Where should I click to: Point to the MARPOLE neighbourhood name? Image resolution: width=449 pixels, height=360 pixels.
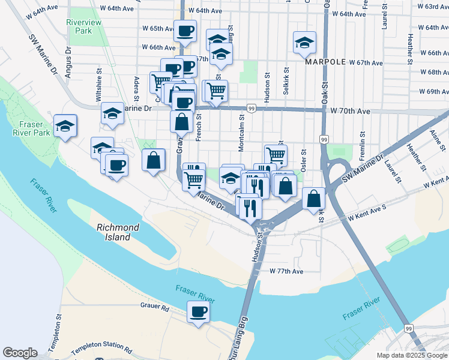(x=325, y=62)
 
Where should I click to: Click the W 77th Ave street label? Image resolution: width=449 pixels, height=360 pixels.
(x=286, y=272)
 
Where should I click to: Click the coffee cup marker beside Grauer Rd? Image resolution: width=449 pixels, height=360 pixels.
(x=199, y=312)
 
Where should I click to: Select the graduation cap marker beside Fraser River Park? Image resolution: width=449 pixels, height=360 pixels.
(x=65, y=126)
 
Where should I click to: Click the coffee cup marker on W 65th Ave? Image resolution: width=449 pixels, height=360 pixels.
(x=185, y=31)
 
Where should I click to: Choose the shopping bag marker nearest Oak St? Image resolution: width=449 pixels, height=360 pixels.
(x=314, y=199)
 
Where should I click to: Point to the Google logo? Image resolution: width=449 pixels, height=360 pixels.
(x=20, y=353)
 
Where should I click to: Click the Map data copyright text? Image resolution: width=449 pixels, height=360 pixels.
(x=411, y=355)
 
